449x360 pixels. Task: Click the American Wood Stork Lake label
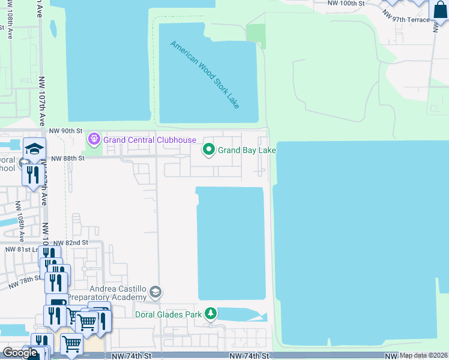(205, 74)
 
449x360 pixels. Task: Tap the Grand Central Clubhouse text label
(149, 140)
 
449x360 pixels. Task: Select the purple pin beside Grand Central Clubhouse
(94, 140)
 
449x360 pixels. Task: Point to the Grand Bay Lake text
(246, 150)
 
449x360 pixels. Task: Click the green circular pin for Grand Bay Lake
(209, 149)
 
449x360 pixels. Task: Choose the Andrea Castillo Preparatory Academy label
(107, 293)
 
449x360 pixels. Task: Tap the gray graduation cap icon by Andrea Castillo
(155, 292)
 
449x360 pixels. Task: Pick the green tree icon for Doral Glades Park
(211, 313)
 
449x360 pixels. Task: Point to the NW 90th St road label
(65, 130)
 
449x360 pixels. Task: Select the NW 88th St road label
(65, 158)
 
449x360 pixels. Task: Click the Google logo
(20, 353)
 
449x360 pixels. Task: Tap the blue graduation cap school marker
(34, 149)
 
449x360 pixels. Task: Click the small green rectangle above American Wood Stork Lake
(256, 36)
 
